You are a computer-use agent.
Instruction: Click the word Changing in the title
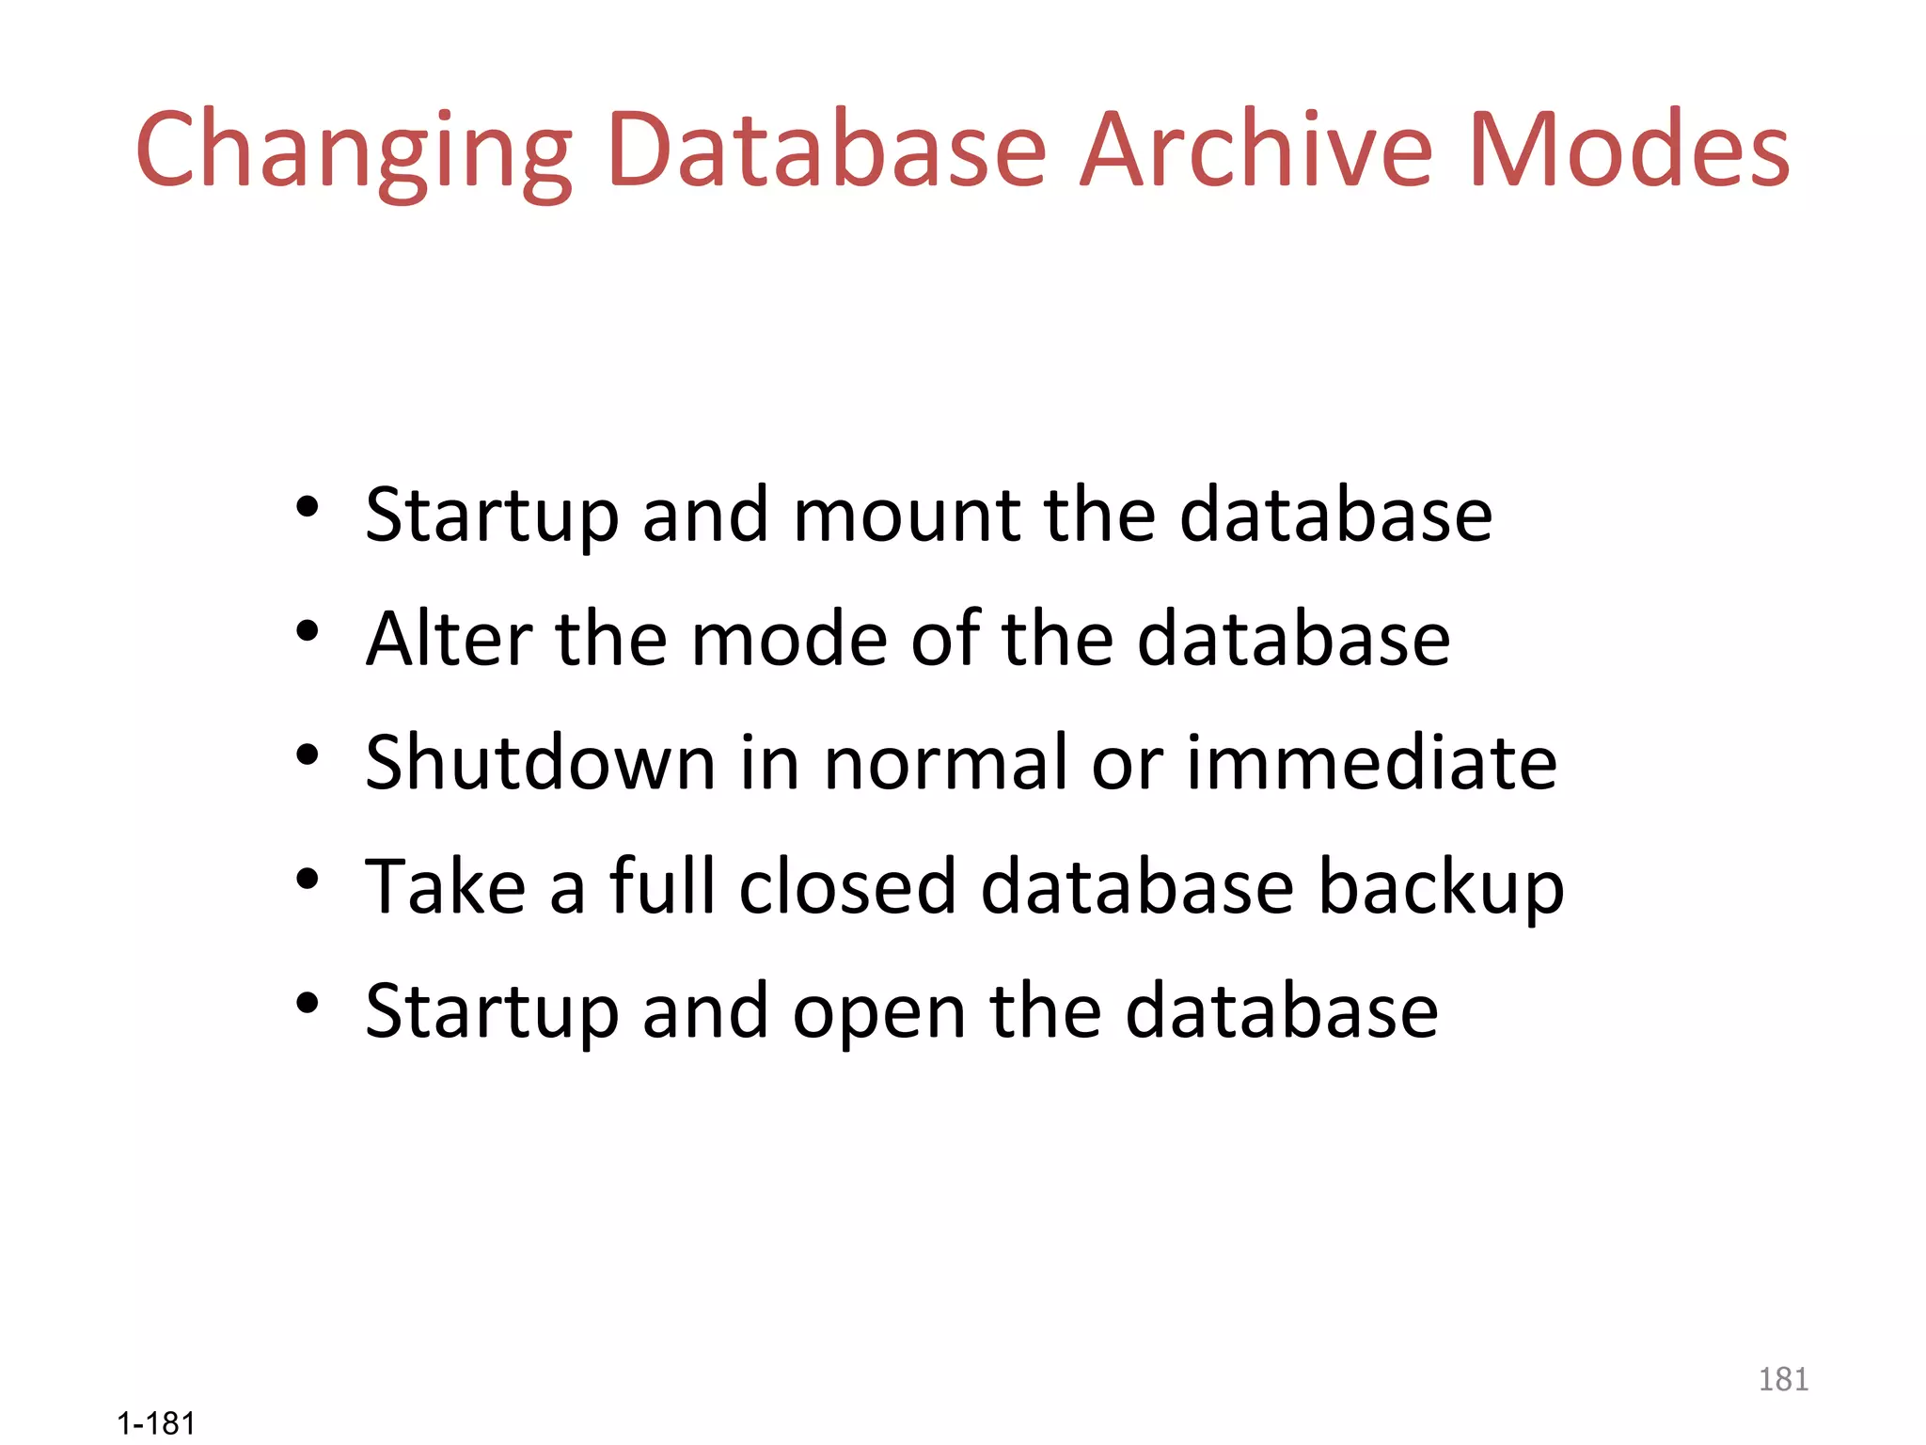(354, 151)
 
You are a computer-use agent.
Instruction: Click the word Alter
(450, 639)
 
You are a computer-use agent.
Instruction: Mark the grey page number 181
(1783, 1379)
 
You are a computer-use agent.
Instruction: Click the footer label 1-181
(156, 1423)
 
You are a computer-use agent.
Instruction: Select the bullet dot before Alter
(307, 631)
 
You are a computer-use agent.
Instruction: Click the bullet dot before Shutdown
(307, 754)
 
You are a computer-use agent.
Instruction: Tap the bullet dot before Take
(307, 879)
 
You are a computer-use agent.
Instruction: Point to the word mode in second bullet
(789, 639)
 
